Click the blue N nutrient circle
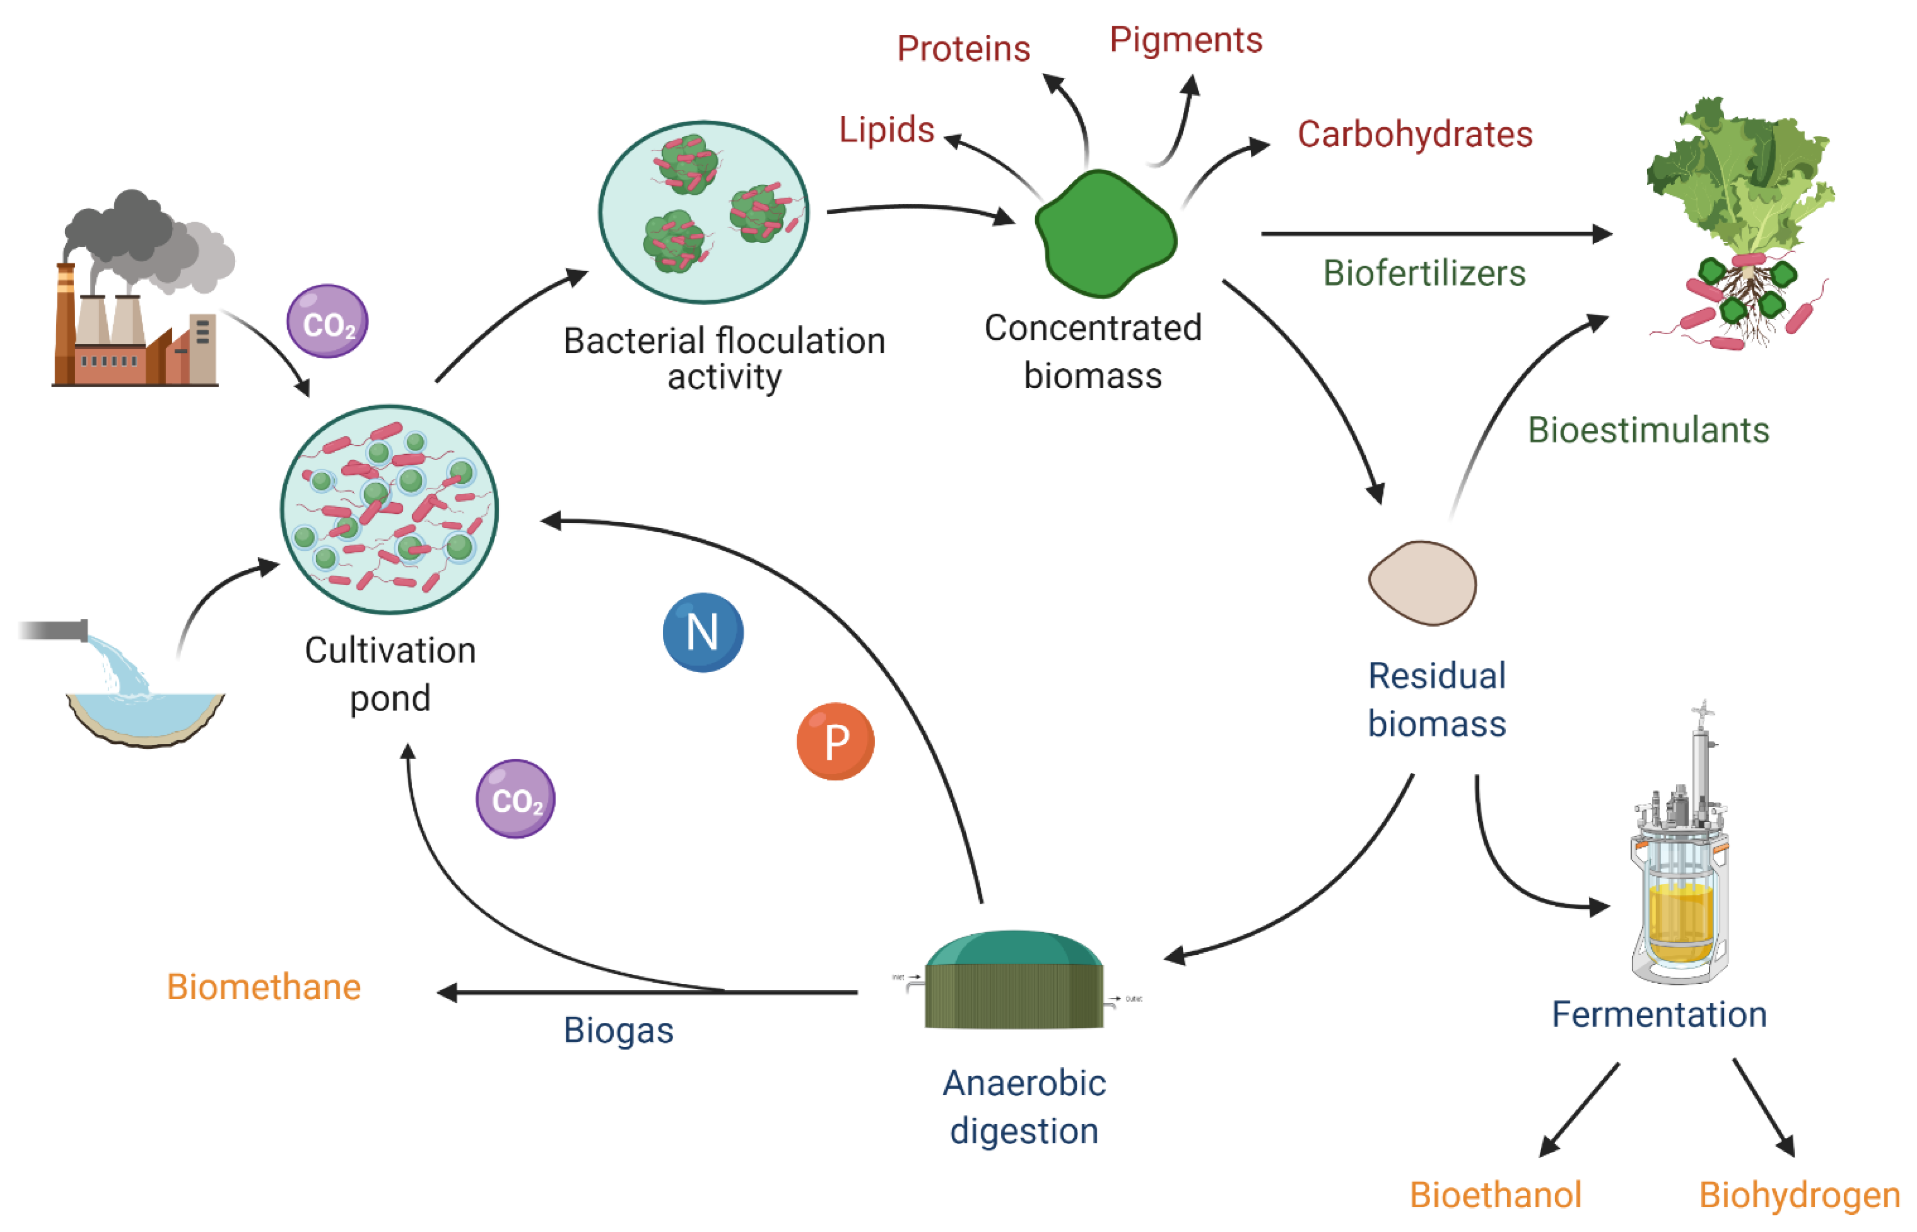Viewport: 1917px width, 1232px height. pyautogui.click(x=702, y=632)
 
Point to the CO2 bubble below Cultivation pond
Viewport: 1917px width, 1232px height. pyautogui.click(x=515, y=798)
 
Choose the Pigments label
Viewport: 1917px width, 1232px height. pyautogui.click(x=1185, y=40)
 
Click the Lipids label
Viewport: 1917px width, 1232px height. pyautogui.click(x=886, y=130)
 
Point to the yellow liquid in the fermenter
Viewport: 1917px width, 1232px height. pyautogui.click(x=1680, y=920)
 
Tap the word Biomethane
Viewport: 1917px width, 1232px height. pyautogui.click(x=263, y=987)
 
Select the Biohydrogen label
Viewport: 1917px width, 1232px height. pyautogui.click(x=1798, y=1195)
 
